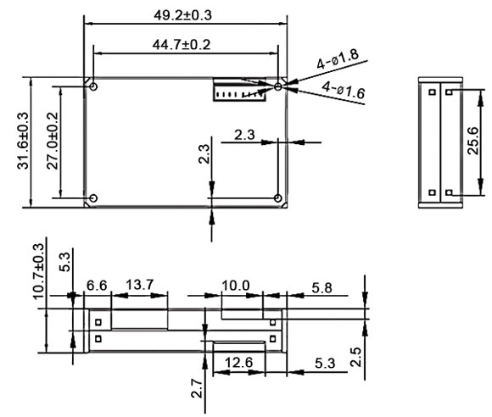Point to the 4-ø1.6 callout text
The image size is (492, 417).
click(344, 91)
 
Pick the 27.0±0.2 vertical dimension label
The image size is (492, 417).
click(52, 142)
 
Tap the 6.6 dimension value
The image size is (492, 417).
click(98, 286)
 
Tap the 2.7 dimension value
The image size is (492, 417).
click(196, 388)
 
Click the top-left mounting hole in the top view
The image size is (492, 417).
click(93, 87)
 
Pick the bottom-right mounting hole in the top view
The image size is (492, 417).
click(278, 198)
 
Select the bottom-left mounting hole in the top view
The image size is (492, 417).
click(93, 198)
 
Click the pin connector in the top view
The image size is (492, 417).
click(240, 90)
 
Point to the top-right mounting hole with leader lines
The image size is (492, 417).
click(278, 86)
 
